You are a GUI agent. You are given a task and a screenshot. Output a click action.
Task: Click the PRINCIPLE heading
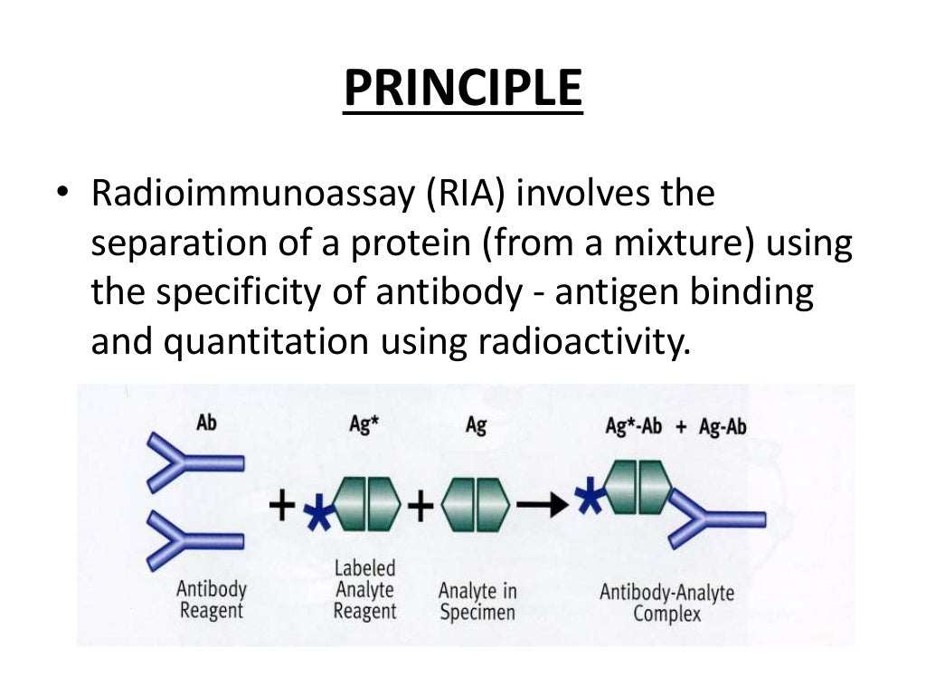(462, 90)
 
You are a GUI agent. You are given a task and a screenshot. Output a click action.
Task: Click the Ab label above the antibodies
(206, 423)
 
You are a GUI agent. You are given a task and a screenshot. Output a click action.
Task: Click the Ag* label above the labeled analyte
(364, 424)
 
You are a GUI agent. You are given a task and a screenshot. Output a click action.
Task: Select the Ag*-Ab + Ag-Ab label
(676, 425)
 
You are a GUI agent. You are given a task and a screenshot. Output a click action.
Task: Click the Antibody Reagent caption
(212, 599)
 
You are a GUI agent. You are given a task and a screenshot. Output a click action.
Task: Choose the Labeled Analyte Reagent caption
(364, 589)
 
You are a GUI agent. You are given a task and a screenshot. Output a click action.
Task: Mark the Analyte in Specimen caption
(477, 601)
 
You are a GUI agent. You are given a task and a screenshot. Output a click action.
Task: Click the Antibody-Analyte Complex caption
(666, 603)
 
